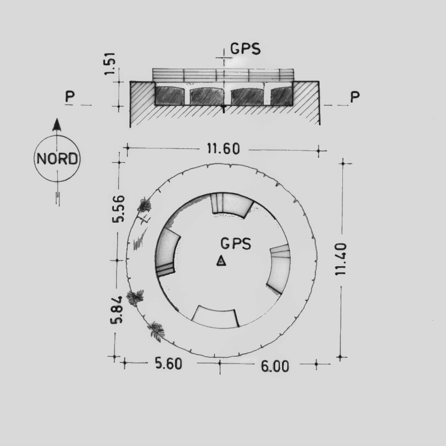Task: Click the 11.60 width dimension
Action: [x=223, y=149]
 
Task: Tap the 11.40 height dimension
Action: [x=341, y=259]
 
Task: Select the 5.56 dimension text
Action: [x=118, y=208]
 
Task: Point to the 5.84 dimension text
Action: [x=117, y=310]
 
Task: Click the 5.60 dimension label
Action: [x=169, y=364]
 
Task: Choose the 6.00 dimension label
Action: [x=275, y=366]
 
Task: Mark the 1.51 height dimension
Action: [x=110, y=64]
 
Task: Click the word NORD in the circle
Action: [x=57, y=158]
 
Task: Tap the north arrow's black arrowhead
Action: [x=57, y=125]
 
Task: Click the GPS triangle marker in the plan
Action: [x=221, y=261]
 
